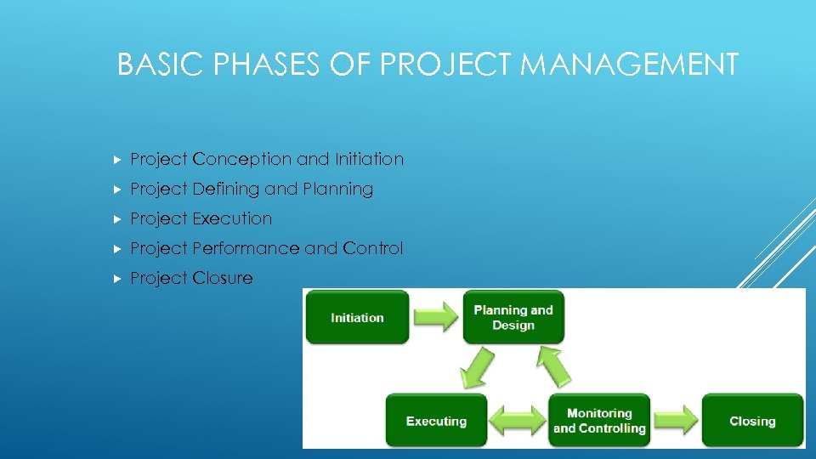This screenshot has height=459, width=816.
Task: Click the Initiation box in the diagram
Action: tap(357, 317)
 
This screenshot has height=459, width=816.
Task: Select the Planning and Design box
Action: tap(513, 317)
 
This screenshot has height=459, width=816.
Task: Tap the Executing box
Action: tap(436, 421)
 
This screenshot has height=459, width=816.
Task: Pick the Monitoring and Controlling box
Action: tap(599, 421)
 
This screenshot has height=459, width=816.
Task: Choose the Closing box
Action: tap(752, 421)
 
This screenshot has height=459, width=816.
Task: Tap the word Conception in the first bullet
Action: tap(242, 159)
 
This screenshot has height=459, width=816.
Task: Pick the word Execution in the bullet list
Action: tap(232, 218)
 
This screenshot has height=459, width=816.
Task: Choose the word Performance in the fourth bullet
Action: tap(246, 248)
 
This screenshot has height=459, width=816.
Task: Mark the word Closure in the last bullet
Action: tap(223, 278)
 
